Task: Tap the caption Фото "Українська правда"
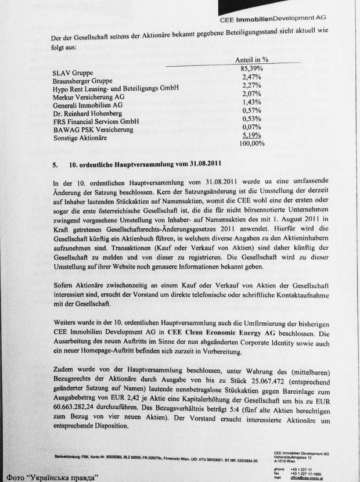tap(51, 475)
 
